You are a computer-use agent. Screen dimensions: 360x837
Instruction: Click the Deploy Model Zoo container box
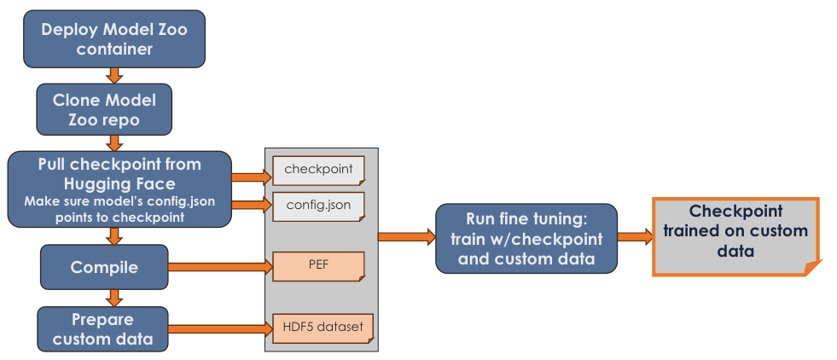coord(114,39)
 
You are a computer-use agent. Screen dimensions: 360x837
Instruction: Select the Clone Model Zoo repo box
coord(103,108)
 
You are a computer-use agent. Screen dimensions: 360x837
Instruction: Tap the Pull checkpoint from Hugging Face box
coord(119,189)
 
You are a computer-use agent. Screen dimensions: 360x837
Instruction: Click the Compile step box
coord(105,268)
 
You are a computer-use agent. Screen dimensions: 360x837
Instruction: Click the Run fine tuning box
coord(526,238)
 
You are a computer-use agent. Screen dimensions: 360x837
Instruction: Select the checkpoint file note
coord(318,169)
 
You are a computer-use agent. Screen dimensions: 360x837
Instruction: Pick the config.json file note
coord(318,206)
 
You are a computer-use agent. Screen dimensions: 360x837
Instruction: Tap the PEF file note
coord(318,267)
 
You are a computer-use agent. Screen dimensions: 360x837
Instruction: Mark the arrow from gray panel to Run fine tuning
coord(406,237)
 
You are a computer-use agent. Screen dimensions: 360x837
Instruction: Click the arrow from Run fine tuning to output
coord(635,236)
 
